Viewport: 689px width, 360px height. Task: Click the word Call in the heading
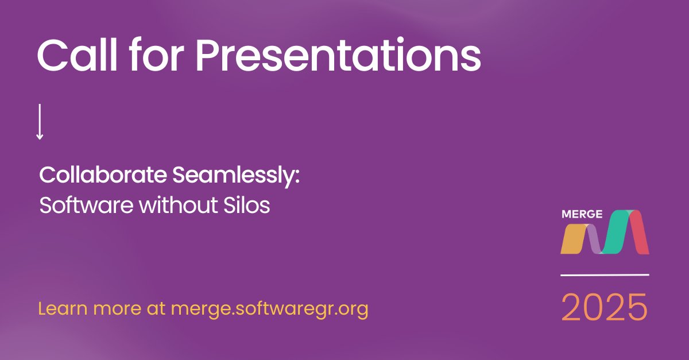point(77,55)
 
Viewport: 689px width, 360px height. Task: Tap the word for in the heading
point(157,55)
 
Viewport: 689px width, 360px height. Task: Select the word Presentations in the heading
point(338,55)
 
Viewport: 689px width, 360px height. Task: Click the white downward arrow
point(40,122)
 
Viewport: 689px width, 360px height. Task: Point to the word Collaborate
point(103,175)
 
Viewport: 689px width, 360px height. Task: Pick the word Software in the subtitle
point(87,205)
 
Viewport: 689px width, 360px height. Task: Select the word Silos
point(247,205)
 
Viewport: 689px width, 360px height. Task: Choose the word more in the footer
point(117,309)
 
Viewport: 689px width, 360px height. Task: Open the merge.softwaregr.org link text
point(269,309)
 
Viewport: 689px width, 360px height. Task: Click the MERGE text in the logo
point(582,214)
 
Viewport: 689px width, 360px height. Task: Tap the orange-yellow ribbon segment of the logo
point(574,239)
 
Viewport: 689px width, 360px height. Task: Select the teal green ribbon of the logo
point(616,232)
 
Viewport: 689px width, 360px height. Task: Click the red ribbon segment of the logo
point(639,233)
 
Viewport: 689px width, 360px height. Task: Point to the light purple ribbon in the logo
point(594,239)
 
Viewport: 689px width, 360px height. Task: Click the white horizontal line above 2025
point(605,275)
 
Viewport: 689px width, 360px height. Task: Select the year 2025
point(605,307)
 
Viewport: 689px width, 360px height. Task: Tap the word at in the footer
point(156,309)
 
